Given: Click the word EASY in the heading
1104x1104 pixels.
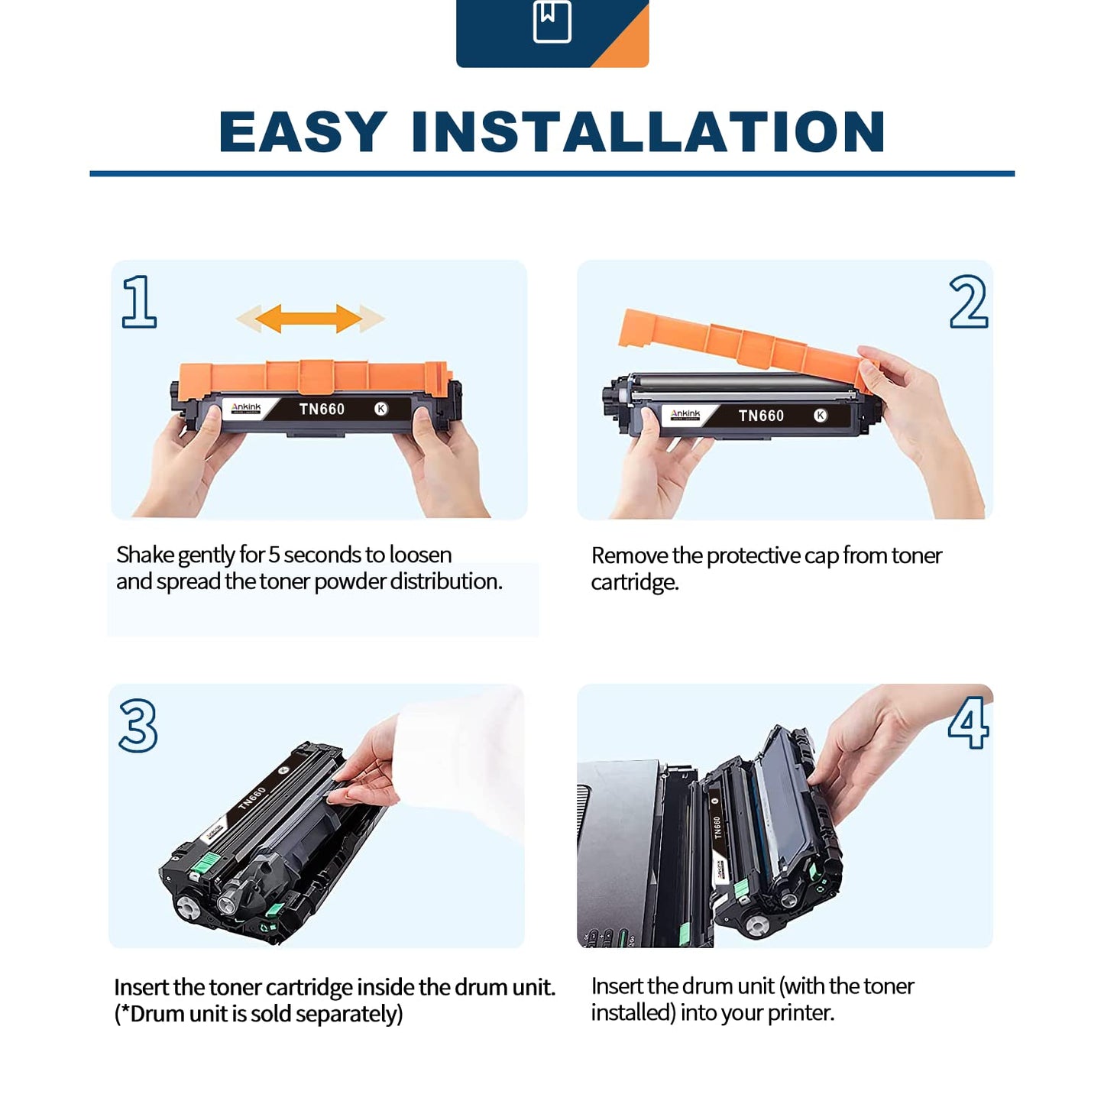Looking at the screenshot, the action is [303, 131].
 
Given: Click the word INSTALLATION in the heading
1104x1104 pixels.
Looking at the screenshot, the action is [649, 131].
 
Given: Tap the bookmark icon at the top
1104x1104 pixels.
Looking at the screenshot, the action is [552, 21].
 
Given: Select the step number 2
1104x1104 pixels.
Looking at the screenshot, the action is [968, 301].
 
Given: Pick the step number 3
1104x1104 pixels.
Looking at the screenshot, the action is [138, 725].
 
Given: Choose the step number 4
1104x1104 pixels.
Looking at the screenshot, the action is [968, 723].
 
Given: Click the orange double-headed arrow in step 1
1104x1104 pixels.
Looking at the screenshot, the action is [310, 319].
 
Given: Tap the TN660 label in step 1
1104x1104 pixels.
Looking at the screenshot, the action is [322, 409].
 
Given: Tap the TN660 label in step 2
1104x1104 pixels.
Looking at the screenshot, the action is [761, 416].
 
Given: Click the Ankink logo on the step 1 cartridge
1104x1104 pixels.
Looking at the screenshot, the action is [246, 408].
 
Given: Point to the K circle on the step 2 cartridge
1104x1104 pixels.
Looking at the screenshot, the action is [821, 416].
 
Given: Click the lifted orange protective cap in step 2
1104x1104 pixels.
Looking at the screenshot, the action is [745, 347].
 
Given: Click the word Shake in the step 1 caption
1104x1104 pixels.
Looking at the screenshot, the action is [145, 555].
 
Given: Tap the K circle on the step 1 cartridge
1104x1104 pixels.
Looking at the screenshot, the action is [381, 409].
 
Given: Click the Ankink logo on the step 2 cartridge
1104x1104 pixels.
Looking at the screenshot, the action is [685, 414].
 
